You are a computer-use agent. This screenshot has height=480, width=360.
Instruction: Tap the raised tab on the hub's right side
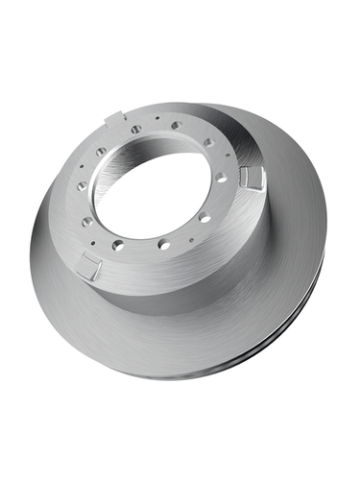pos(253,177)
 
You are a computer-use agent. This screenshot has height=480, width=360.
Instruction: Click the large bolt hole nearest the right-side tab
pos(222,179)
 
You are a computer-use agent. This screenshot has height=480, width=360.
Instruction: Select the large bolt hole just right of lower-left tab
pos(117,246)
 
